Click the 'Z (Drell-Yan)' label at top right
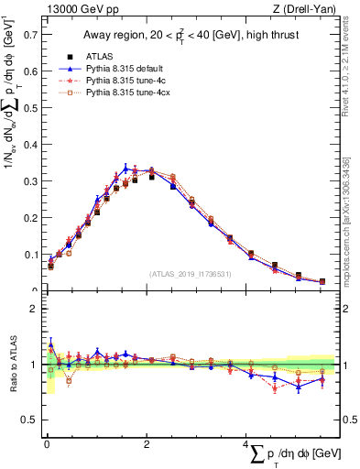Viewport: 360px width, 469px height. point(305,10)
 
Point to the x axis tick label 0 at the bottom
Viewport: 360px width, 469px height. point(47,443)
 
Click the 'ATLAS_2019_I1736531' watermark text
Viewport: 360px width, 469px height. point(191,274)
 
